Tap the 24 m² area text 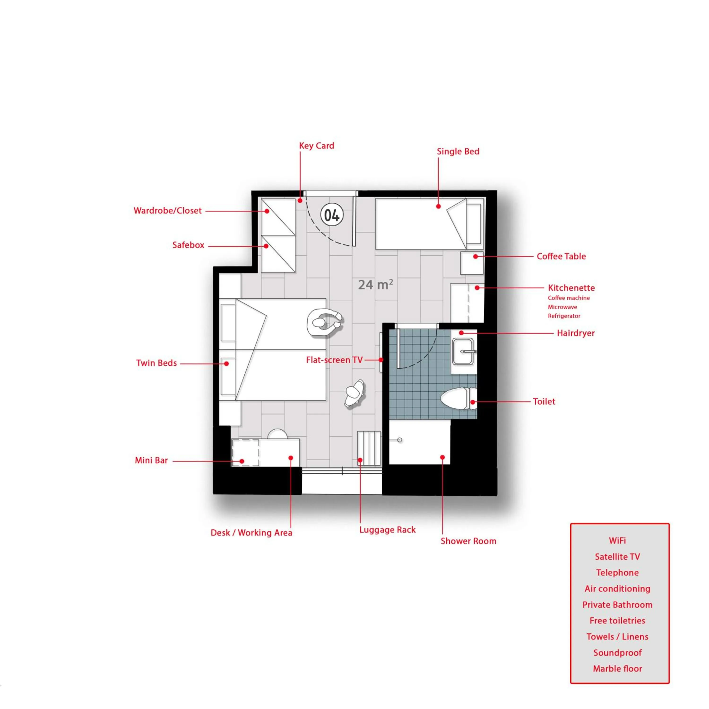[376, 284]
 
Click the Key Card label [316, 146]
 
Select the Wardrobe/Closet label [168, 211]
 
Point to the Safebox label [188, 245]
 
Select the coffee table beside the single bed [472, 263]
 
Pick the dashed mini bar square [246, 453]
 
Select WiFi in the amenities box [617, 540]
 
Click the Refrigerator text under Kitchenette [564, 316]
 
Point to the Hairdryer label [575, 333]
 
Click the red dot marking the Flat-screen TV [381, 360]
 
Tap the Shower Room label [468, 541]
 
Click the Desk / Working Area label [251, 533]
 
